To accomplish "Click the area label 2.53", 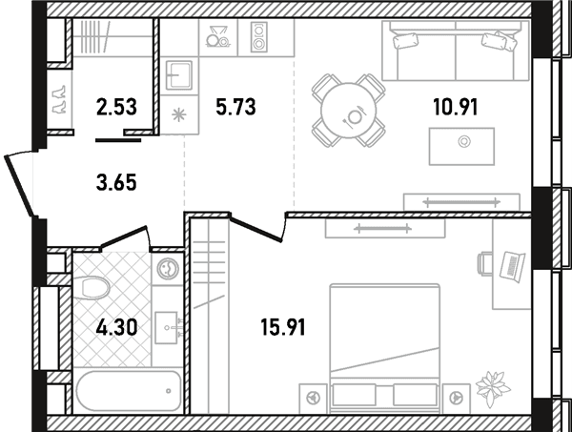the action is pos(116,107).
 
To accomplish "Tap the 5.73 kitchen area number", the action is pos(235,107).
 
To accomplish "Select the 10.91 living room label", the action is pos(456,107).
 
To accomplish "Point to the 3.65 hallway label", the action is pos(116,182).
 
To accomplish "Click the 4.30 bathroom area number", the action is pos(116,327).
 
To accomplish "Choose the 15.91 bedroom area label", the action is pos(283,327).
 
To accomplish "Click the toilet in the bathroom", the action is pos(92,288).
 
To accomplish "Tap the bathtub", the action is pos(129,391).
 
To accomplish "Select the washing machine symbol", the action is pos(168,269).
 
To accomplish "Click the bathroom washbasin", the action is pos(167,328).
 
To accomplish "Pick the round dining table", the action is pos(349,111).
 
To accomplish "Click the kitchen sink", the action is pos(179,75).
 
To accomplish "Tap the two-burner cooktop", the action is pos(259,37).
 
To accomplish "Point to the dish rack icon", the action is pos(217,36).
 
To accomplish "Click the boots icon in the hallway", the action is pos(59,99).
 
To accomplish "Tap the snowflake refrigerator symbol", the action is pos(179,115).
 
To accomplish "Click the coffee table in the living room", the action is pos(461,146).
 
